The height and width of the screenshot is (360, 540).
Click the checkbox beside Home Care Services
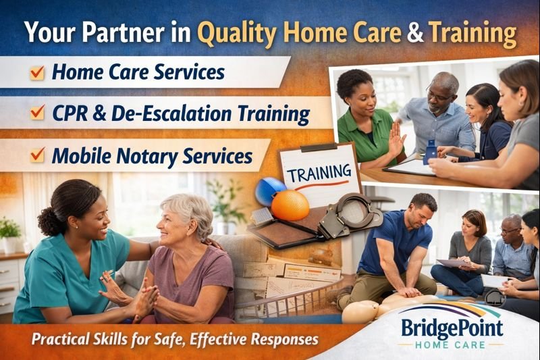tap(37, 72)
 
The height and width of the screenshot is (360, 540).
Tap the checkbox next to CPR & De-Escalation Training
tap(37, 113)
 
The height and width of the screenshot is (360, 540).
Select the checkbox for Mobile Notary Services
tap(37, 156)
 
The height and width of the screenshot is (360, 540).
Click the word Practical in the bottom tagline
tap(61, 338)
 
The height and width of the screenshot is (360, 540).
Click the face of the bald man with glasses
tap(440, 94)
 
